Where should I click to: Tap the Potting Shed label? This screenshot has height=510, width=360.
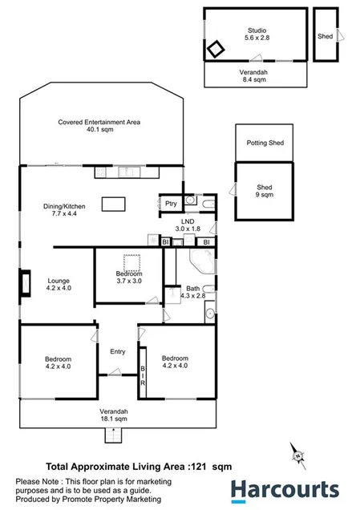coord(265,144)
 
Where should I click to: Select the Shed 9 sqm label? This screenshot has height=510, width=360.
coord(265,191)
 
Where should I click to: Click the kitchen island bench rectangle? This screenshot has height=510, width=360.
coord(115,204)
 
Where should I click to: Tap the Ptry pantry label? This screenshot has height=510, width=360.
coord(171,204)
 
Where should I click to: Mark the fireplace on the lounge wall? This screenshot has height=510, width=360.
coord(26,282)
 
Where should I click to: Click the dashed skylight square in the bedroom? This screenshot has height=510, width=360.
coord(131,263)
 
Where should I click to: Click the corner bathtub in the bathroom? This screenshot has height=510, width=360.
coord(198,263)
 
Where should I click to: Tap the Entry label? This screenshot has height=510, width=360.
coord(118,351)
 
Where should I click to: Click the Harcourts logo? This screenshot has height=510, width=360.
coord(285,489)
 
